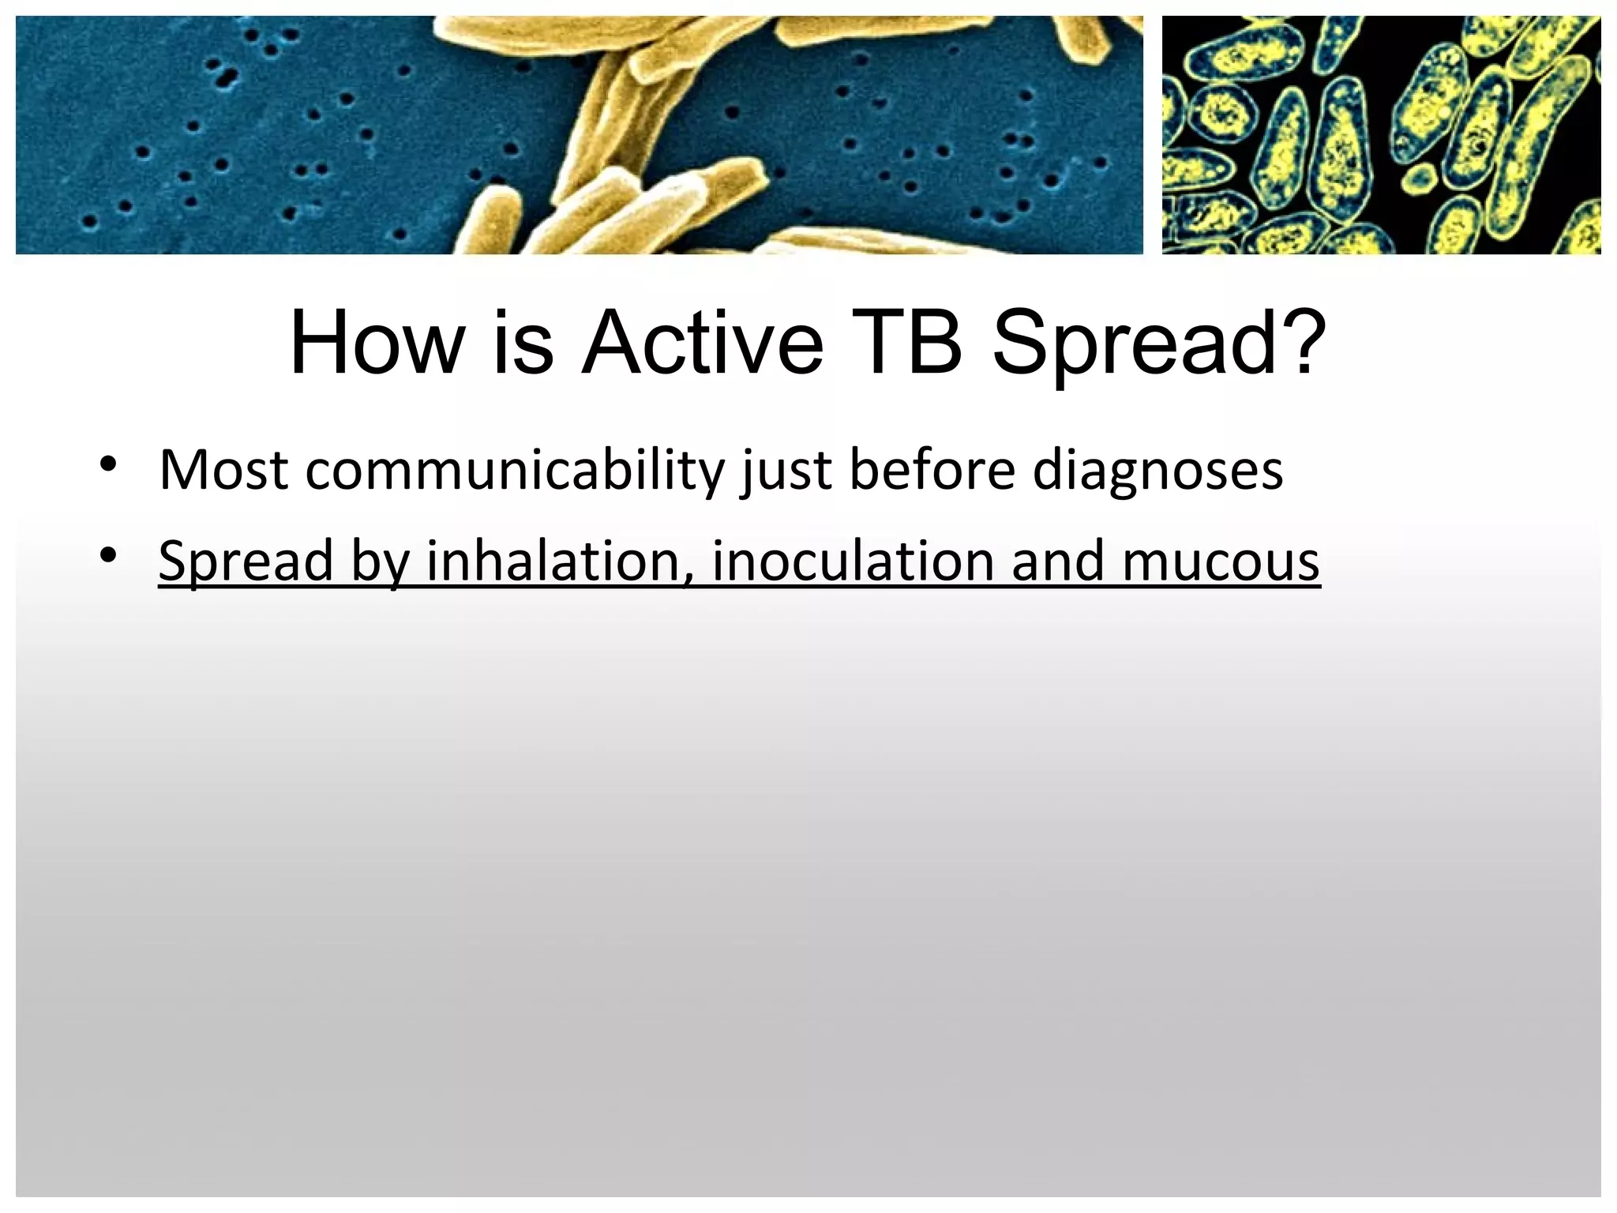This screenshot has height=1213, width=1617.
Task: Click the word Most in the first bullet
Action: (x=223, y=471)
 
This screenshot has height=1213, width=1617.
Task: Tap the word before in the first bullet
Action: (x=932, y=471)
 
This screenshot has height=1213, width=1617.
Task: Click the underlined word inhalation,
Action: (x=558, y=561)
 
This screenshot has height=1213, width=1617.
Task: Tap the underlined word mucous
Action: (x=1221, y=562)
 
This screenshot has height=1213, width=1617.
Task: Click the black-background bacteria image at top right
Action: (x=1381, y=135)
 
